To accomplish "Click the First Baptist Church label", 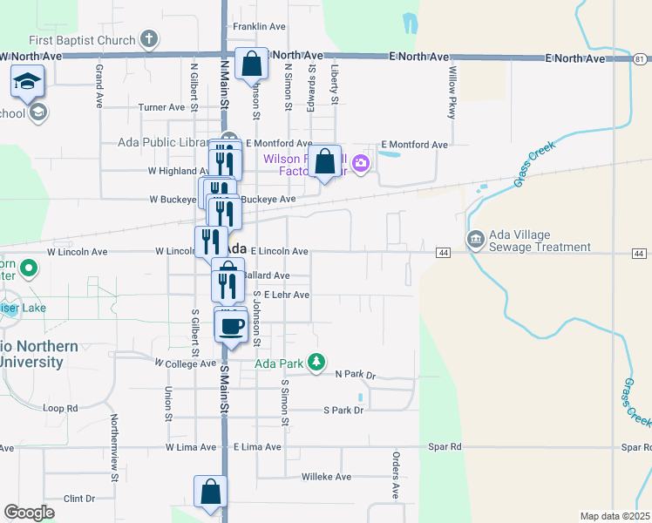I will tap(82, 40).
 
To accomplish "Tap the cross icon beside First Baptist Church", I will tap(150, 39).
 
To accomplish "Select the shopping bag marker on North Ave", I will tap(251, 64).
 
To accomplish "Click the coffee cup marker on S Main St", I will tap(230, 326).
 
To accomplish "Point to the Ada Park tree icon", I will tap(316, 362).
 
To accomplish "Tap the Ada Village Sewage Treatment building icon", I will tap(476, 239).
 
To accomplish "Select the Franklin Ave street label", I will tap(260, 27).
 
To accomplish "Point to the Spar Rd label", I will tap(445, 447).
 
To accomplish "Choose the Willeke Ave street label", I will tap(326, 477).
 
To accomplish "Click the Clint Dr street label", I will tap(79, 499).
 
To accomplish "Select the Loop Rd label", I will tap(60, 408).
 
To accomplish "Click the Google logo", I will tap(29, 513).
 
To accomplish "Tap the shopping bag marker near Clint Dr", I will tap(210, 492).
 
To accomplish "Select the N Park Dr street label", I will tap(355, 375).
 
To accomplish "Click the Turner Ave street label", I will tap(162, 107).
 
